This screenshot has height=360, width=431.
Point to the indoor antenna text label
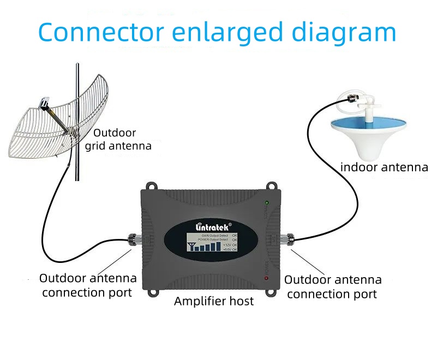point(384,167)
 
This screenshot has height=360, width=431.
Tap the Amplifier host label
point(214,301)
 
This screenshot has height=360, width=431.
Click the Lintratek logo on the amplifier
point(213,226)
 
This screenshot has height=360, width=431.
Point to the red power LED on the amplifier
point(266,278)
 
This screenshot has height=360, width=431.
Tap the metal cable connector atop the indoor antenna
point(346,98)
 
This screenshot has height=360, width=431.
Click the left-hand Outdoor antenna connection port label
point(87,285)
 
